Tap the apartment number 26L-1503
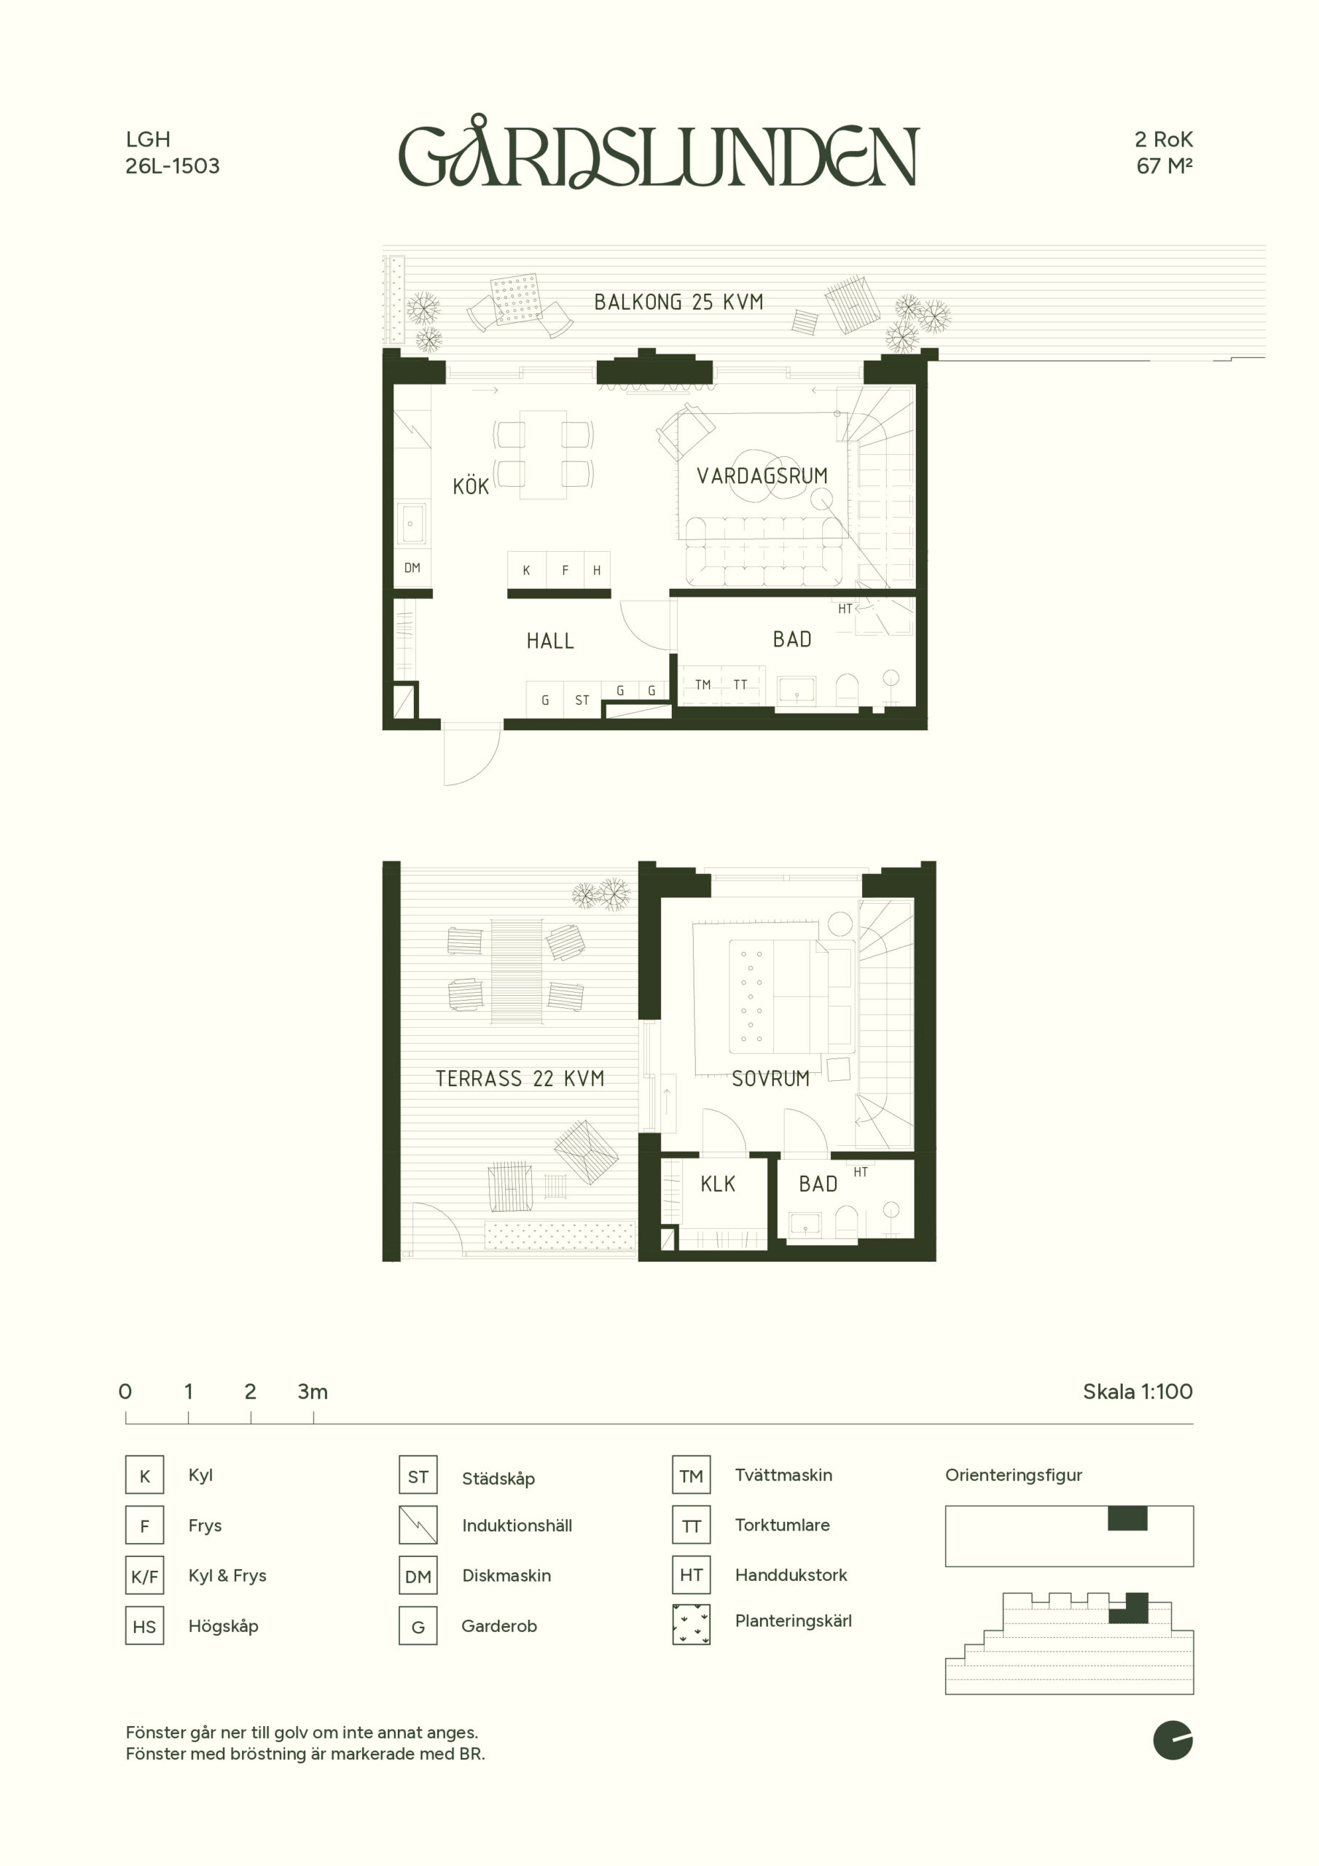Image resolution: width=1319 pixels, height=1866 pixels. tap(172, 165)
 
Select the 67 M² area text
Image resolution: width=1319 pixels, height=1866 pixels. tap(1164, 165)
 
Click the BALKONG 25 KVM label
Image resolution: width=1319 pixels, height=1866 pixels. tap(678, 302)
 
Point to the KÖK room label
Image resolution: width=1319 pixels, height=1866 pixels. tap(471, 486)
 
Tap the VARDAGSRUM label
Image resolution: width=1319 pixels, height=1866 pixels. tap(762, 475)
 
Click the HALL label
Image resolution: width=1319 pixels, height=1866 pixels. tap(550, 641)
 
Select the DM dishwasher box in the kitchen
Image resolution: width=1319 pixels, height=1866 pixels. tap(412, 568)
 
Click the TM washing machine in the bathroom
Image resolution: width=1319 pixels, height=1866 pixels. tap(703, 685)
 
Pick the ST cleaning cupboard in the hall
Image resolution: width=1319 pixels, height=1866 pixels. tap(582, 700)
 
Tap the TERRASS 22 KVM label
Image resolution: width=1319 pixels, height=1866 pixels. tap(520, 1079)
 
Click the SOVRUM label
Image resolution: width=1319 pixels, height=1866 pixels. tap(770, 1079)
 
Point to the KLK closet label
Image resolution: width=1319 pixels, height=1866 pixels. tap(718, 1184)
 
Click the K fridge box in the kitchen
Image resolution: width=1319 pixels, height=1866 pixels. tap(527, 570)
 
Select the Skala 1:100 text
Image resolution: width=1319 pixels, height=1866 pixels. tap(1138, 1391)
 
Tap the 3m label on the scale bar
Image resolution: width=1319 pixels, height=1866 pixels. tap(313, 1391)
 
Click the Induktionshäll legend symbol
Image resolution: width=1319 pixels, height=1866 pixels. tap(418, 1526)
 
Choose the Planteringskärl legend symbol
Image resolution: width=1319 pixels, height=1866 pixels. tap(692, 1625)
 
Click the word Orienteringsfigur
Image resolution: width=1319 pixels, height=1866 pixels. tap(1014, 1475)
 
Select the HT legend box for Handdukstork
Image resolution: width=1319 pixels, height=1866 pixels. tap(692, 1575)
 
